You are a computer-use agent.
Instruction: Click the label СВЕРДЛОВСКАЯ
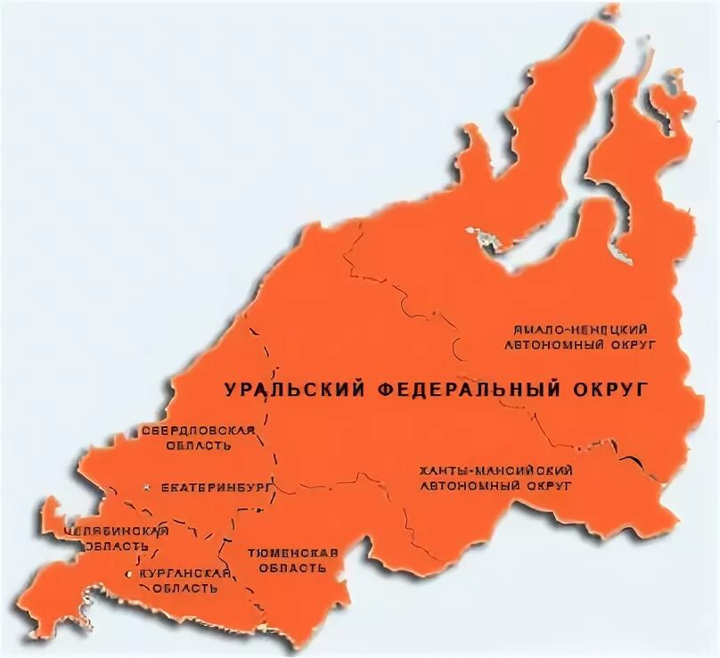click(199, 431)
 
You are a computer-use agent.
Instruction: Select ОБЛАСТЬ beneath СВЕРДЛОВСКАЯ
click(198, 445)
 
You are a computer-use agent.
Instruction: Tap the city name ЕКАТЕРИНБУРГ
click(204, 489)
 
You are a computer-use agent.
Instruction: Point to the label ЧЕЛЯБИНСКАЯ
click(117, 531)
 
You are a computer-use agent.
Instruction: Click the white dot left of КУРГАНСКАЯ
click(131, 574)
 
